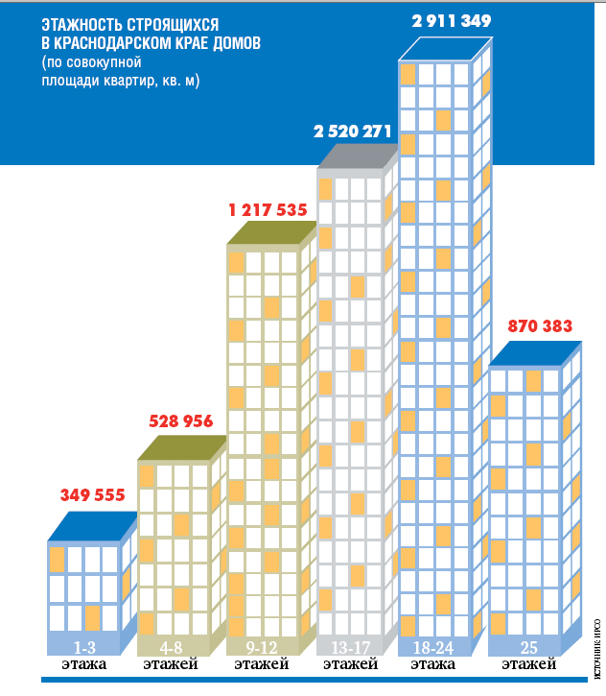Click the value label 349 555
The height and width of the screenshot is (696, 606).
93,495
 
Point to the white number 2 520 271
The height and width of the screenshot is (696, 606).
353,132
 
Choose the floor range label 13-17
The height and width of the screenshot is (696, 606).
349,645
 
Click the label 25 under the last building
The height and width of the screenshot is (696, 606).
528,645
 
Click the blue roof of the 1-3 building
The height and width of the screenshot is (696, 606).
91,526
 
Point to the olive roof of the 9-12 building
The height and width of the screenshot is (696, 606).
270,232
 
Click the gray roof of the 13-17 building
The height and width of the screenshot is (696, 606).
355,156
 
